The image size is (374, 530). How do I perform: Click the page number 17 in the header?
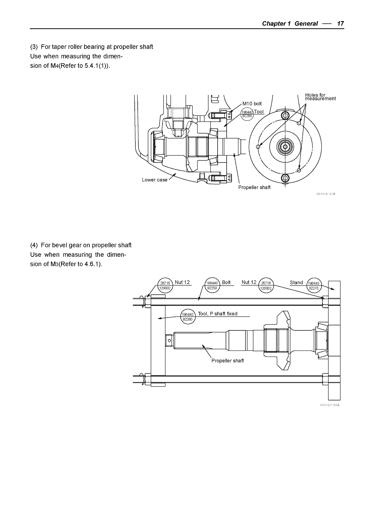point(340,24)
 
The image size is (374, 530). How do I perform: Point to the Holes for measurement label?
point(320,97)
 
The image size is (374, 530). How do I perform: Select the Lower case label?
point(155,180)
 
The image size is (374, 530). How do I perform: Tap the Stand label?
point(296,282)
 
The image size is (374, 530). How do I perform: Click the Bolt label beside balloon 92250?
point(226,282)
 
